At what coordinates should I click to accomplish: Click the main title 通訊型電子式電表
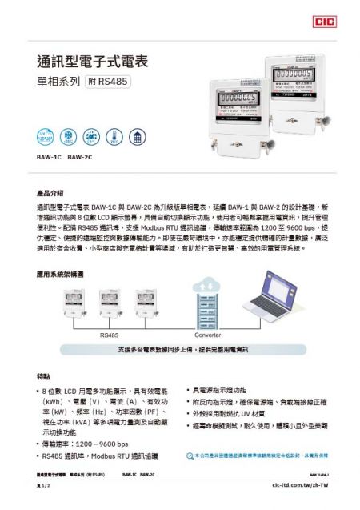tap(92, 61)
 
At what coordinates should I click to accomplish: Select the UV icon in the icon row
tap(45, 135)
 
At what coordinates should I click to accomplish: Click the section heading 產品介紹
tap(50, 193)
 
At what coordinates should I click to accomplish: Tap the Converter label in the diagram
tap(208, 335)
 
